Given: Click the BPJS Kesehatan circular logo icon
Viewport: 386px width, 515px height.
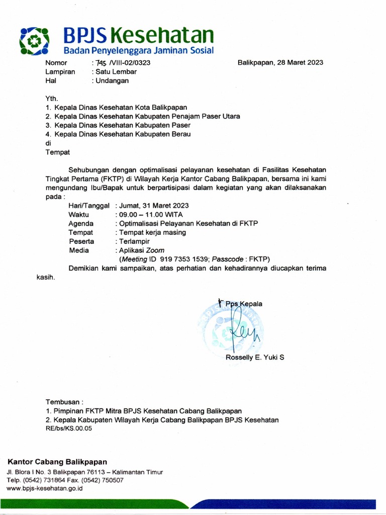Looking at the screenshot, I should click(34, 40).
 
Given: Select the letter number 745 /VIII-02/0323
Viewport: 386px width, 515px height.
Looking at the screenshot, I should click(121, 63).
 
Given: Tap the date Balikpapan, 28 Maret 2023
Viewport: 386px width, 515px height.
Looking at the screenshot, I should click(280, 63).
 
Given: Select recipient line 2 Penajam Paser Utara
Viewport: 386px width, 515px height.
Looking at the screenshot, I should click(143, 116).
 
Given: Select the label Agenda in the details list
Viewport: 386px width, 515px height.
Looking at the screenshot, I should click(80, 223).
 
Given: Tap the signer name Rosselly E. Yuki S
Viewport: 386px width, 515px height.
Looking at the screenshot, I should click(255, 358).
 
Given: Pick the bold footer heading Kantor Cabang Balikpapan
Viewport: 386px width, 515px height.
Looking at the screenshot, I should click(57, 462).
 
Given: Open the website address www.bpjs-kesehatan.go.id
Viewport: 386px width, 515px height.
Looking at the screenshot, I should click(45, 488).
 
